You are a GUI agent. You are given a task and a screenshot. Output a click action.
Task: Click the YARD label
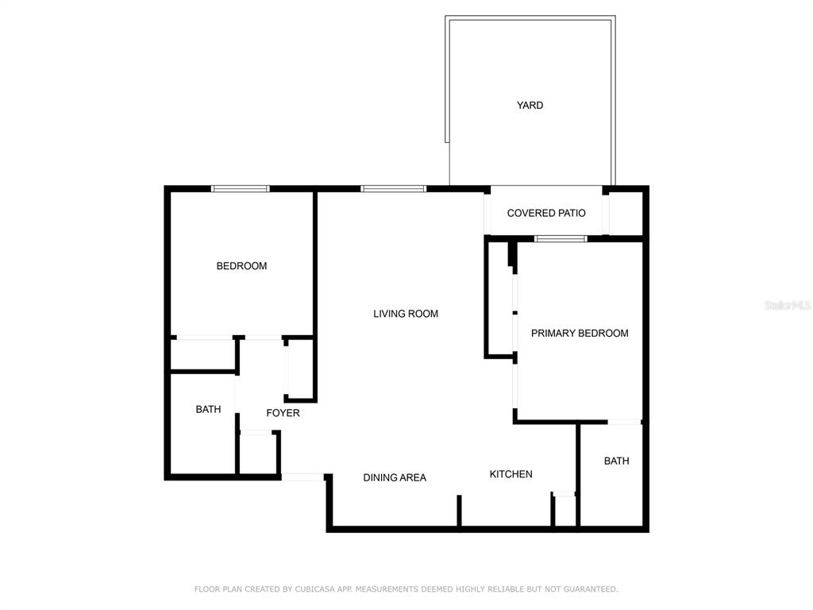pos(530,105)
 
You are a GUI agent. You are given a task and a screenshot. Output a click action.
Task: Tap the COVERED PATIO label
pos(546,213)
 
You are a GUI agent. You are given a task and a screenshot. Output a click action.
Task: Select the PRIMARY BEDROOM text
pos(580,333)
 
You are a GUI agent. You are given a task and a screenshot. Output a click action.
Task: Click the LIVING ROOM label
pos(406,314)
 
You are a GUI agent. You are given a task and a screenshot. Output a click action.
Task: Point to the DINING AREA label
pos(395,477)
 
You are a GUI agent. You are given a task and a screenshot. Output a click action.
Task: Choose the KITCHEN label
pos(511,474)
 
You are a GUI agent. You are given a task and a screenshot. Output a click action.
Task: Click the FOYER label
pos(283,413)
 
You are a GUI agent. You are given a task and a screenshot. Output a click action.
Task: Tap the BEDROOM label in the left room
pos(241,266)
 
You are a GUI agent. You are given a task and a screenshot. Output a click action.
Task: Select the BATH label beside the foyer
pos(208,409)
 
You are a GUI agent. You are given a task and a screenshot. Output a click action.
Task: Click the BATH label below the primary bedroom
pos(616,461)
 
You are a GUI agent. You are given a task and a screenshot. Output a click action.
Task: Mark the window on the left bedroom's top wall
pos(241,189)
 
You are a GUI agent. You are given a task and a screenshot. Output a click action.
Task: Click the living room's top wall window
pos(393,189)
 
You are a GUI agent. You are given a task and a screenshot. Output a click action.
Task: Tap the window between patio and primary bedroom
pos(561,238)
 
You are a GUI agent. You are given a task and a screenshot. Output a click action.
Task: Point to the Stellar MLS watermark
pos(788,305)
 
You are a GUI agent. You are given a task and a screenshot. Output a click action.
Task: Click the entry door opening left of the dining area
pos(302,477)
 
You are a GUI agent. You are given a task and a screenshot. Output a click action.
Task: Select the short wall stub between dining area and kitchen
pos(459,510)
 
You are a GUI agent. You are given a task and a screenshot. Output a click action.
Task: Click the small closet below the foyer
pos(258,454)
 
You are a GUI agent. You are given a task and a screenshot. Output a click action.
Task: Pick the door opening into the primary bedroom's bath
pos(625,422)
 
